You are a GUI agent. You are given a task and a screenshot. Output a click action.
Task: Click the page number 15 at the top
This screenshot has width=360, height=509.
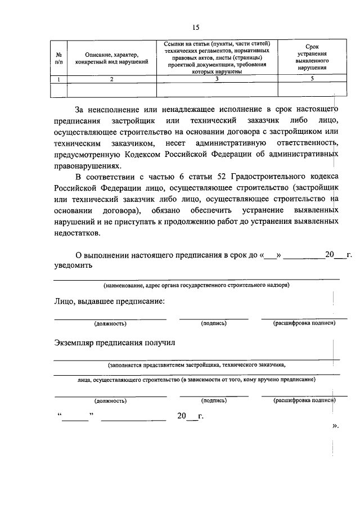tap(195, 27)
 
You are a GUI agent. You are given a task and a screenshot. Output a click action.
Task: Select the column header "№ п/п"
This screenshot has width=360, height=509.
tap(58, 58)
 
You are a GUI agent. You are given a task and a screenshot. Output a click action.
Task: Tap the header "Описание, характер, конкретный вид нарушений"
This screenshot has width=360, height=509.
tap(111, 58)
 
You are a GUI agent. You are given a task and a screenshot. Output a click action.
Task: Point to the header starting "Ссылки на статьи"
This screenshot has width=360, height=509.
tap(217, 58)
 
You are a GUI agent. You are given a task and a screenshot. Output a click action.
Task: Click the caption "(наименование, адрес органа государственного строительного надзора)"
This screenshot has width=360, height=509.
tap(196, 285)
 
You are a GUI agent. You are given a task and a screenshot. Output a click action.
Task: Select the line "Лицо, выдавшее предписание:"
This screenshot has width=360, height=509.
tap(110, 302)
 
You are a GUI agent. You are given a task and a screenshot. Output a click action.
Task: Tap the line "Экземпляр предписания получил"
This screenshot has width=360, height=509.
tap(115, 342)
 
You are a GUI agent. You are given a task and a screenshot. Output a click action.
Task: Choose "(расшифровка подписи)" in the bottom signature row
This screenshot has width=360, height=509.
tap(304, 400)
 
